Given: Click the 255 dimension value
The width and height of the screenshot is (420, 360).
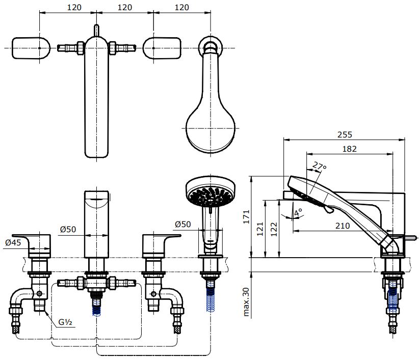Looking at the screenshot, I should coord(345,134).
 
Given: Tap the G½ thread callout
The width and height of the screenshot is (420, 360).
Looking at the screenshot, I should coord(64,322).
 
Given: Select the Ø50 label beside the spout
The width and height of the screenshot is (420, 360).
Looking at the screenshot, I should coord(68,230).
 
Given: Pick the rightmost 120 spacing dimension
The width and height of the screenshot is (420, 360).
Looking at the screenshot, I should coord(180,7).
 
